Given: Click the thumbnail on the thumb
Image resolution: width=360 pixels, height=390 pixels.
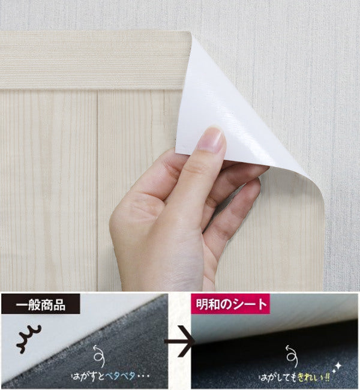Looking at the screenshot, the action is [x=212, y=139].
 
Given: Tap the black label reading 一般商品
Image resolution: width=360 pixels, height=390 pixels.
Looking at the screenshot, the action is [x=41, y=304].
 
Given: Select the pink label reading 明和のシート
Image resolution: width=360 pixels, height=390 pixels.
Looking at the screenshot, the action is [x=230, y=304].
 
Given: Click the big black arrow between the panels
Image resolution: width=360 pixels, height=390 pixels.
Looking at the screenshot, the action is [x=179, y=341].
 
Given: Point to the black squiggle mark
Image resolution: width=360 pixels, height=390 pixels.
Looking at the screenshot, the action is [x=29, y=339].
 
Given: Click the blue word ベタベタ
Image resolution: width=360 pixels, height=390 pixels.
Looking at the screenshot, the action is [x=120, y=376].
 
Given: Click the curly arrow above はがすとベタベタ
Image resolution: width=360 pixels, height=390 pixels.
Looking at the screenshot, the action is [x=99, y=356].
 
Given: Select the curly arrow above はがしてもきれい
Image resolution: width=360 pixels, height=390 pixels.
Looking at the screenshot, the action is [x=292, y=356].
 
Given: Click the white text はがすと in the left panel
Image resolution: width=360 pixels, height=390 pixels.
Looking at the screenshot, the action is [x=88, y=376].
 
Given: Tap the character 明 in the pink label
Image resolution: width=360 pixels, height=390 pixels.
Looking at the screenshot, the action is [x=202, y=304].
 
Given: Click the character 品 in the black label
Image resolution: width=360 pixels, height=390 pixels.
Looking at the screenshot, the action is [x=59, y=304].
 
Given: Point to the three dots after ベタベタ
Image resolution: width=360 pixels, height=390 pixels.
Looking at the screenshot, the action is [x=143, y=376].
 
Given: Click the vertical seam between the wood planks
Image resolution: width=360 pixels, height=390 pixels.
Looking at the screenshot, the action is [x=97, y=189].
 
